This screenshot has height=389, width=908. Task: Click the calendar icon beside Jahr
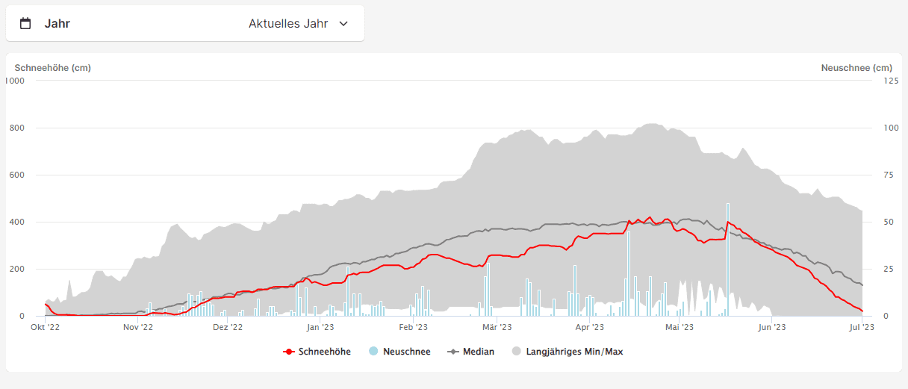[x=25, y=23]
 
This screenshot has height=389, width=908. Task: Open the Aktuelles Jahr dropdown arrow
[x=343, y=23]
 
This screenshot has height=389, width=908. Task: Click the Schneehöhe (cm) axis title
[x=53, y=68]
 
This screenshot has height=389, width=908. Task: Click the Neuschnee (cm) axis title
[x=856, y=68]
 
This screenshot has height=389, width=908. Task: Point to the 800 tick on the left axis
[x=16, y=128]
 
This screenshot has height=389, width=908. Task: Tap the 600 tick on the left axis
[x=16, y=175]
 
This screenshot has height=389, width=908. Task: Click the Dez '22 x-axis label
[x=228, y=327]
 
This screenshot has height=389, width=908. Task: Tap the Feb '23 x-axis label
[x=413, y=327]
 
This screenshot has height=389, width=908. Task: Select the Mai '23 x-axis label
[x=679, y=327]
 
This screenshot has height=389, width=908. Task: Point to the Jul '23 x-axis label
[x=862, y=327]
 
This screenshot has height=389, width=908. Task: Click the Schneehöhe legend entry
[x=317, y=352]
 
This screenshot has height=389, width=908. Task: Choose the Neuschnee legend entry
[x=400, y=352]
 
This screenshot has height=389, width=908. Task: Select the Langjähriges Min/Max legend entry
[x=567, y=352]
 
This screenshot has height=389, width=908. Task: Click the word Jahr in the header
[x=57, y=23]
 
